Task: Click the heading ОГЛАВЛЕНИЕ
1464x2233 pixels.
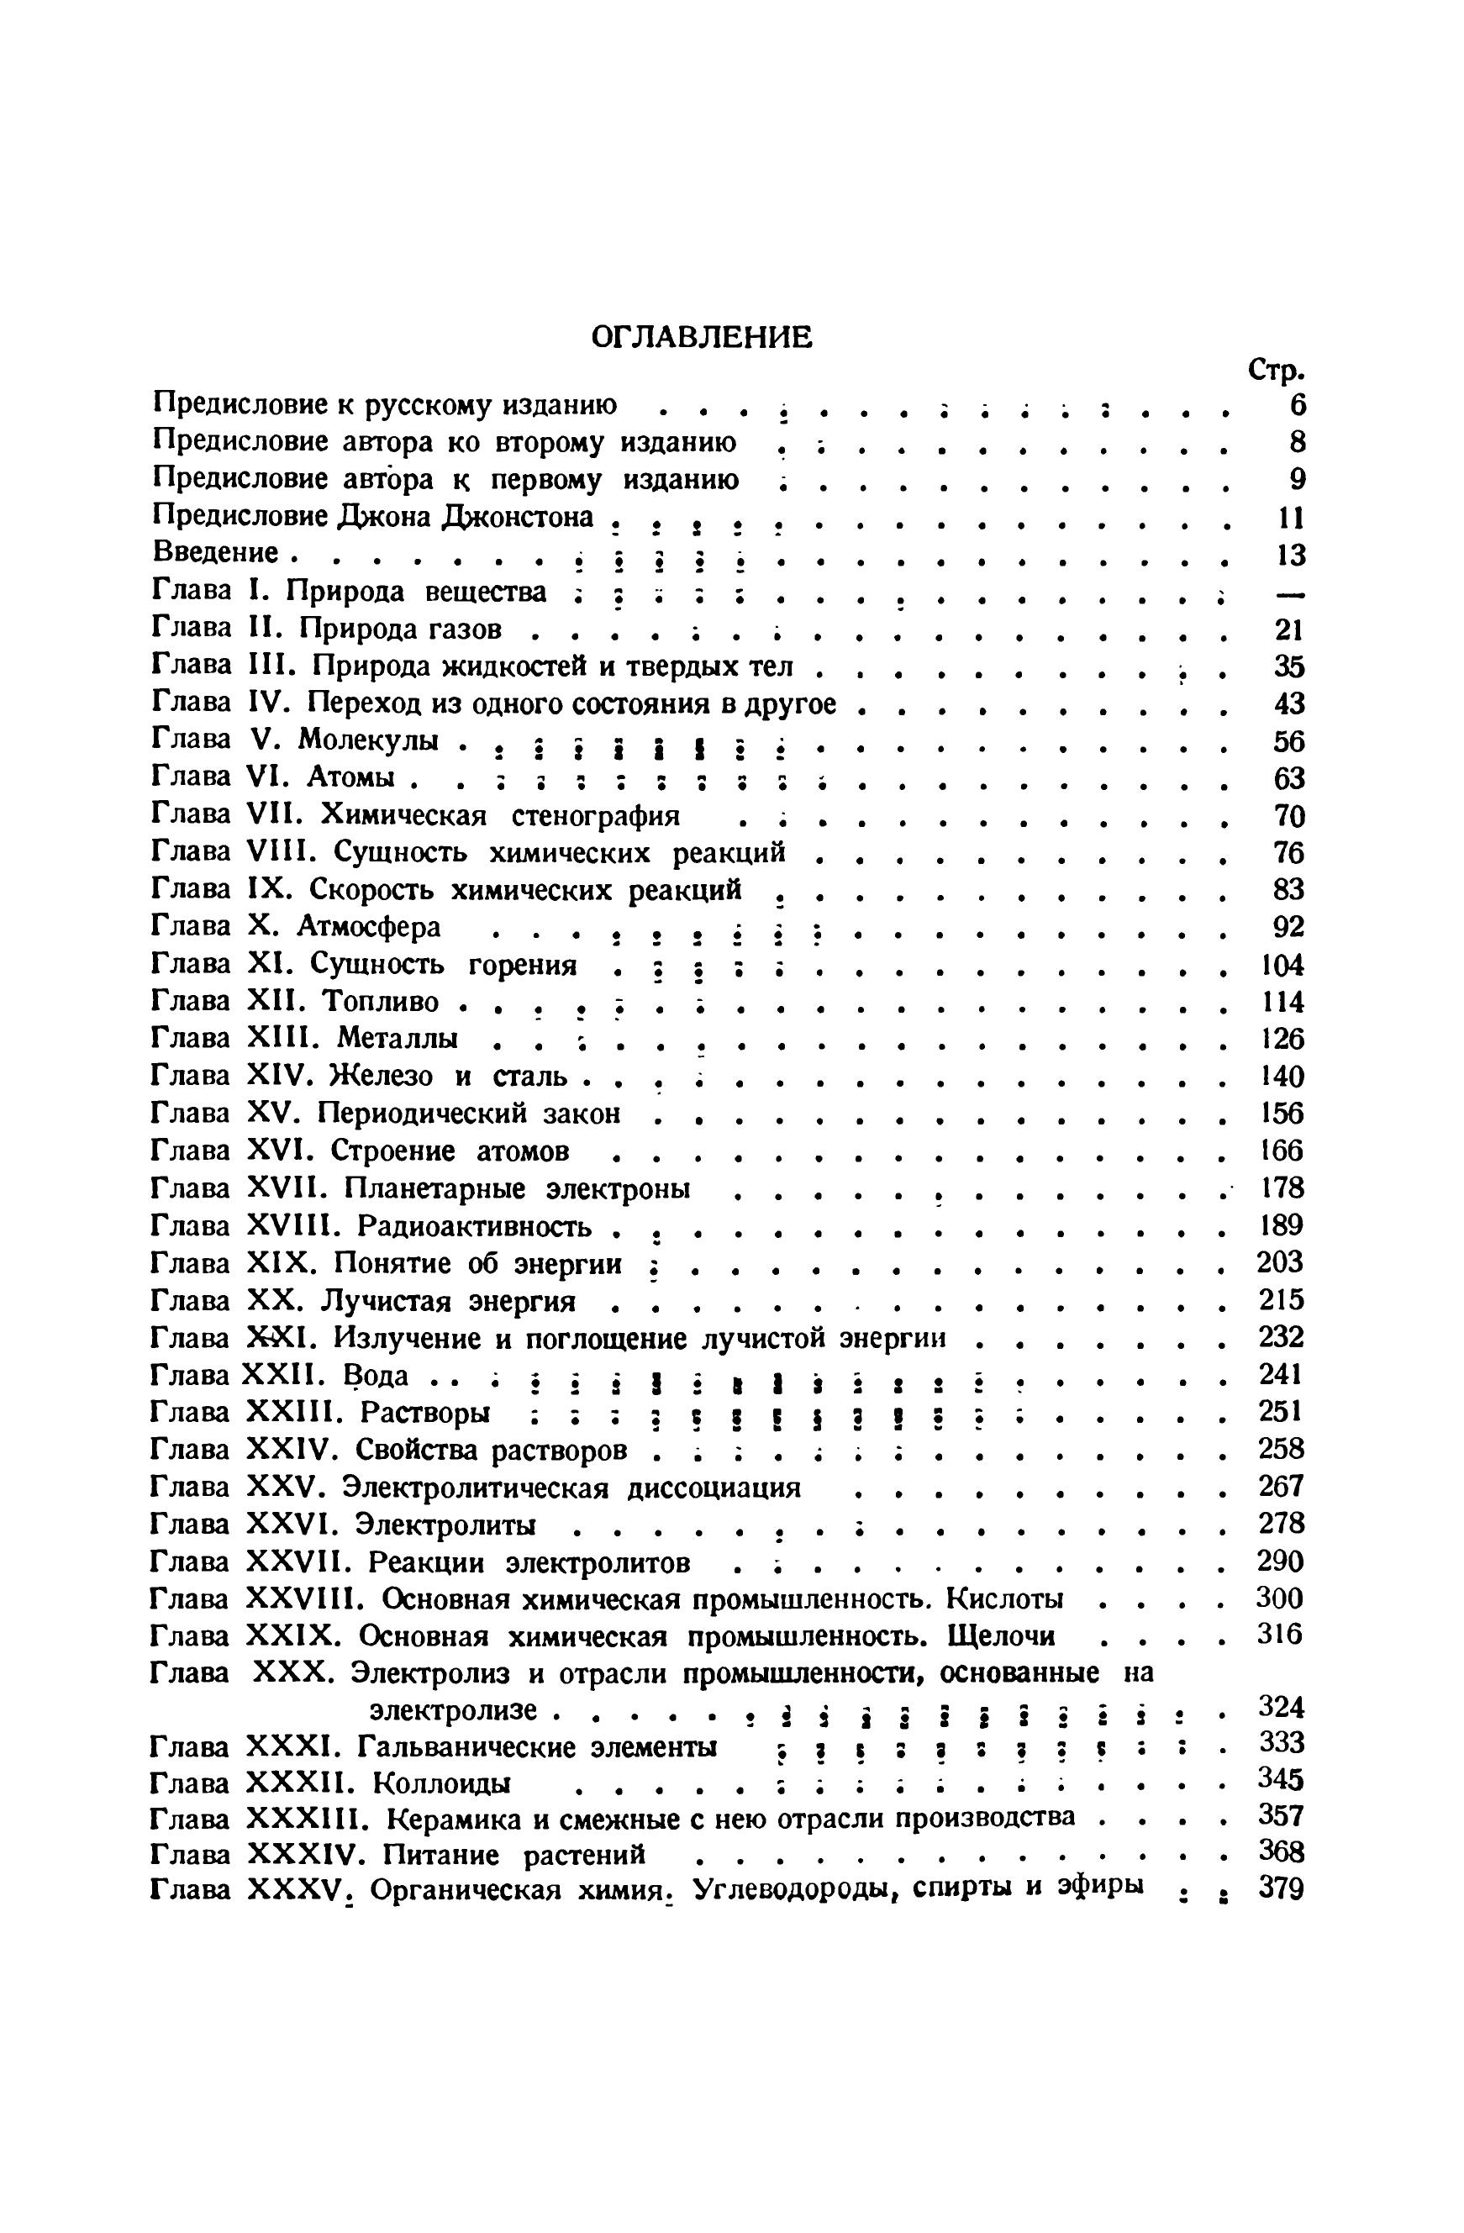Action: point(701,336)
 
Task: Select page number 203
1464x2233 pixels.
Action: point(1280,1263)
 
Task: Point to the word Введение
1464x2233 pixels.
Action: point(216,553)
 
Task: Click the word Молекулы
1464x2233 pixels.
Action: point(369,740)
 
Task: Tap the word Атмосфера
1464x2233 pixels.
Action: point(369,927)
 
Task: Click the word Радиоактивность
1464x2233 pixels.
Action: point(476,1226)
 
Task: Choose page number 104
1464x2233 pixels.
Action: point(1280,965)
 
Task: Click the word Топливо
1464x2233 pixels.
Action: point(380,1002)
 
